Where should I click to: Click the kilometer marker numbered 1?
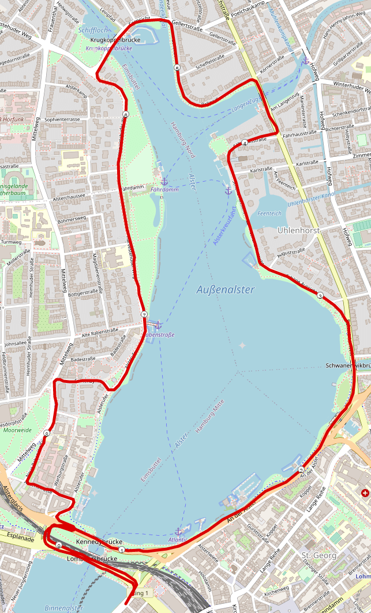coord(121,550)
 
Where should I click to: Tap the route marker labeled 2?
coord(301,471)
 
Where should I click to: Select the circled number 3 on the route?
coord(320,296)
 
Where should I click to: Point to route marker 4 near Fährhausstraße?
coord(245,143)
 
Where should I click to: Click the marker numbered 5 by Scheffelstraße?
coord(177,69)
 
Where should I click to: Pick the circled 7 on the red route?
coord(144,314)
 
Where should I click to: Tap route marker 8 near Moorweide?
coord(46,433)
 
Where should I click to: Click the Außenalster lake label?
coord(224,290)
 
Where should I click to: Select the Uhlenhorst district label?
coord(298,230)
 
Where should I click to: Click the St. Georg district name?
coord(314,555)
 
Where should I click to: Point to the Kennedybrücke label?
coord(99,543)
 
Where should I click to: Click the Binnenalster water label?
coord(64,608)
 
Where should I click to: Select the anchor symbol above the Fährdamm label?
coord(164,181)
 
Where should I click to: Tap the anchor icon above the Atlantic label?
coord(178,532)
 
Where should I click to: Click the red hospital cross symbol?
coord(365,493)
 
